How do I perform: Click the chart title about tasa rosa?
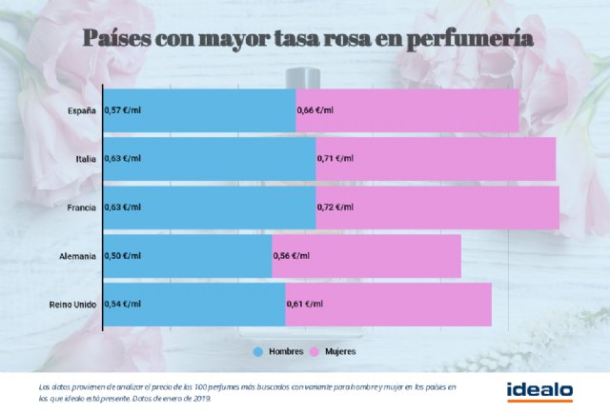[307, 39]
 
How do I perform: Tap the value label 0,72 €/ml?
[335, 207]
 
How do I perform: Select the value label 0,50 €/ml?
[121, 256]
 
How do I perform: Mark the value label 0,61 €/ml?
[305, 305]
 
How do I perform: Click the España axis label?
[82, 110]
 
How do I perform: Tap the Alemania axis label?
[77, 256]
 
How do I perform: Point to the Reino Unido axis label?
[72, 305]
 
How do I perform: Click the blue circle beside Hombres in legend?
[257, 351]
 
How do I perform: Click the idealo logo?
[539, 390]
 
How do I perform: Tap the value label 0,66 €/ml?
[315, 110]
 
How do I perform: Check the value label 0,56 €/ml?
[292, 256]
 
